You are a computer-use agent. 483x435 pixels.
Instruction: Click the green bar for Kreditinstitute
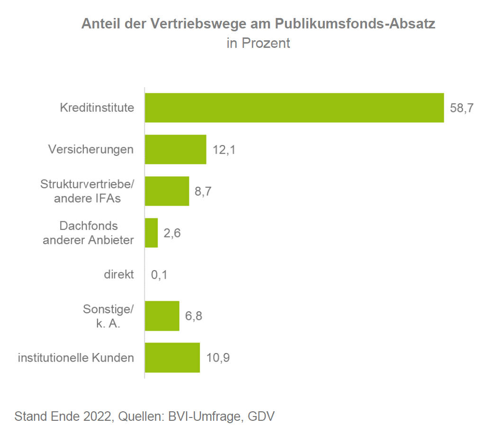294,108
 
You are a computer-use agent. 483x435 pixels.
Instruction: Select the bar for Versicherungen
175,149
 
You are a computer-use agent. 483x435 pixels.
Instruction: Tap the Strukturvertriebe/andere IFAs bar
167,191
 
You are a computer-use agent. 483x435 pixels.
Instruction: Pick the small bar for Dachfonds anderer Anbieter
151,233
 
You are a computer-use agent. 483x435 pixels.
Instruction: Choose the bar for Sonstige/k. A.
162,316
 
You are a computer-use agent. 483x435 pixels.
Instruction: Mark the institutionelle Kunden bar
172,358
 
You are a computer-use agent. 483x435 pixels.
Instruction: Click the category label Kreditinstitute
97,108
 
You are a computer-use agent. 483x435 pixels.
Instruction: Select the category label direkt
119,274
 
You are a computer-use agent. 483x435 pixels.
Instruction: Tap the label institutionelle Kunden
76,358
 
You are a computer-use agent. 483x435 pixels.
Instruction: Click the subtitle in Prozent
258,44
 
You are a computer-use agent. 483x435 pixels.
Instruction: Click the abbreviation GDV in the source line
261,417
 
